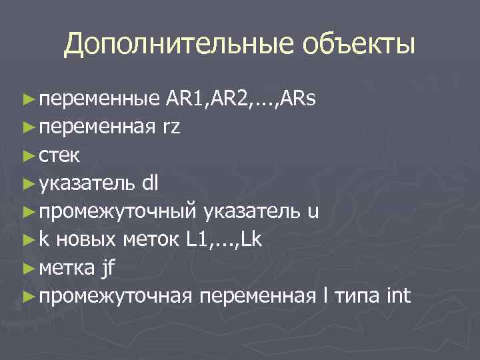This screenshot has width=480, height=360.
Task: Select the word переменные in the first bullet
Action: click(99, 100)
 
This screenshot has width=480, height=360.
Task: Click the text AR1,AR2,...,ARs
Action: click(241, 99)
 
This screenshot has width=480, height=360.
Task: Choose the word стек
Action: click(59, 155)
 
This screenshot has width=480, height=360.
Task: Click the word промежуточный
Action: click(117, 211)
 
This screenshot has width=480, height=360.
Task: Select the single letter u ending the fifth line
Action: click(314, 211)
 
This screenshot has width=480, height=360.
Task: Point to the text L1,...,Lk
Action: click(225, 239)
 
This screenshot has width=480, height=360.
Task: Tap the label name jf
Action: click(109, 268)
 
